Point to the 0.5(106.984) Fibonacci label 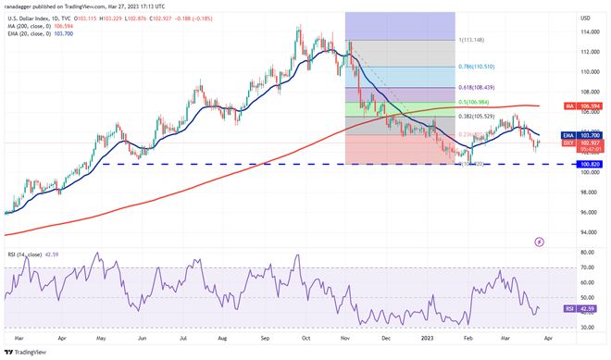tap(476, 101)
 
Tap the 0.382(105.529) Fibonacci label tap(476, 116)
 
